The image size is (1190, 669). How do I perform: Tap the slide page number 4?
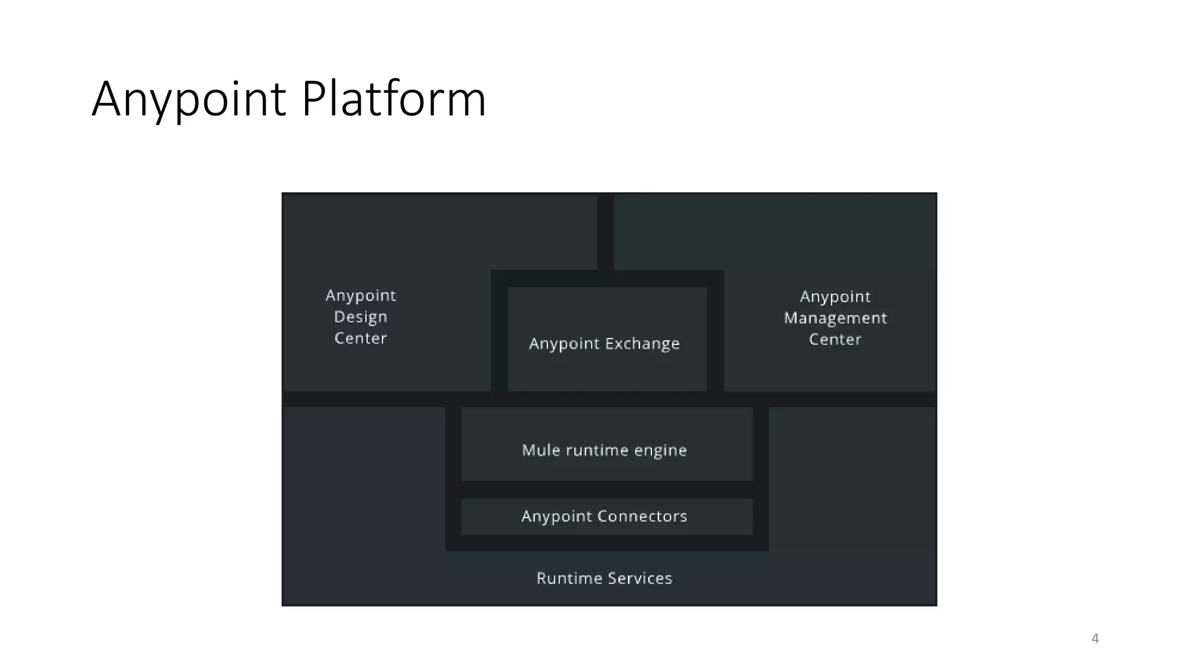[1095, 638]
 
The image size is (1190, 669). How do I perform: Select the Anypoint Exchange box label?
[604, 344]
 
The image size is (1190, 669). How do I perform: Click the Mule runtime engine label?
[604, 450]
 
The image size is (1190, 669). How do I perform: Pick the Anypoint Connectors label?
[604, 516]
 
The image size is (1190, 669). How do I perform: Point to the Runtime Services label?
[604, 578]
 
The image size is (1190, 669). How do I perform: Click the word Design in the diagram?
[360, 317]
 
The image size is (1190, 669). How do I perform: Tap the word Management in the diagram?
[835, 318]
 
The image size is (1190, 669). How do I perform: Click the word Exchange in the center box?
[642, 344]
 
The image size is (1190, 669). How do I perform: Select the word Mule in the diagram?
[540, 450]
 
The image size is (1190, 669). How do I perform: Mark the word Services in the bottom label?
[640, 578]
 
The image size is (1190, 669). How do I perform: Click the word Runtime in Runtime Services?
[569, 578]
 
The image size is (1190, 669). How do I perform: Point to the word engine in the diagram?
[660, 451]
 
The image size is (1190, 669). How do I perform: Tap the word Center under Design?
[360, 339]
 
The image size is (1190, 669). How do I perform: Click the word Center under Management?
[835, 340]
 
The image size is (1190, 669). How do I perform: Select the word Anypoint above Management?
[835, 297]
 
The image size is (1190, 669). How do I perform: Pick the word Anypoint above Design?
[360, 296]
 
